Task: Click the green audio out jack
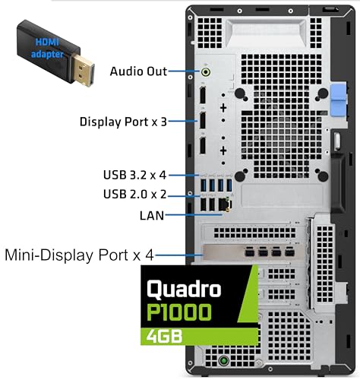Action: (206, 72)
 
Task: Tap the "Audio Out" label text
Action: (138, 71)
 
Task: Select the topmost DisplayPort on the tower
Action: (203, 95)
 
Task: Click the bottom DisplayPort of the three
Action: (203, 145)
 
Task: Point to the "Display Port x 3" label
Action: (123, 122)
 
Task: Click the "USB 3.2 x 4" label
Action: (134, 175)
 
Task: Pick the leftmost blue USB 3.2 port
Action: (204, 185)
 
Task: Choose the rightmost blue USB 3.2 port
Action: (229, 185)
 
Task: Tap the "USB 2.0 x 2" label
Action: (135, 195)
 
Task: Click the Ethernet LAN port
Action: (225, 204)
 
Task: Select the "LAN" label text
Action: (152, 216)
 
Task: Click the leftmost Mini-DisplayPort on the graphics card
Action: (249, 252)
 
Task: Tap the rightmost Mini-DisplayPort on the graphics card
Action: (289, 252)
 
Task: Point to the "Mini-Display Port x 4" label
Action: (79, 255)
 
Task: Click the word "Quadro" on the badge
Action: (184, 289)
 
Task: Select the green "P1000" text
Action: (179, 312)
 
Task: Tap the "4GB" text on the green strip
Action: (164, 336)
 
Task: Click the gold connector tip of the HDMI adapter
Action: (83, 71)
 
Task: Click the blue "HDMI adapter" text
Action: (47, 48)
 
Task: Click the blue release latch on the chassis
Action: (339, 100)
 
